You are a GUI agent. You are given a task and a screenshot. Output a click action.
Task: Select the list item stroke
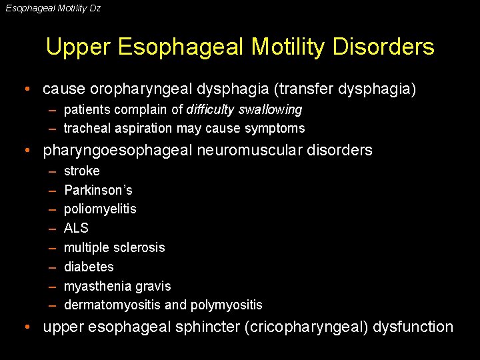click(x=81, y=171)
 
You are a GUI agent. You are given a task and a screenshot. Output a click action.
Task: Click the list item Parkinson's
click(x=98, y=190)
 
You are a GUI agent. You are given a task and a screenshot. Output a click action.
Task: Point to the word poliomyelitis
click(x=100, y=209)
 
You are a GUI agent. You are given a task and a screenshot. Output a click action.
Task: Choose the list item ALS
click(x=76, y=228)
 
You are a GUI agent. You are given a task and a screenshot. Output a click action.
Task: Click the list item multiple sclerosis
click(x=114, y=247)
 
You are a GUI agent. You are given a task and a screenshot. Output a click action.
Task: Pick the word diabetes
click(x=89, y=267)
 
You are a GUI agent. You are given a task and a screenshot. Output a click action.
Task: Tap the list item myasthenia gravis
click(x=117, y=286)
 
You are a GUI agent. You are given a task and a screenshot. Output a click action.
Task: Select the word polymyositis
click(x=226, y=305)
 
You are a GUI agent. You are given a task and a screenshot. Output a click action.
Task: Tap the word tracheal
click(x=85, y=128)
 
